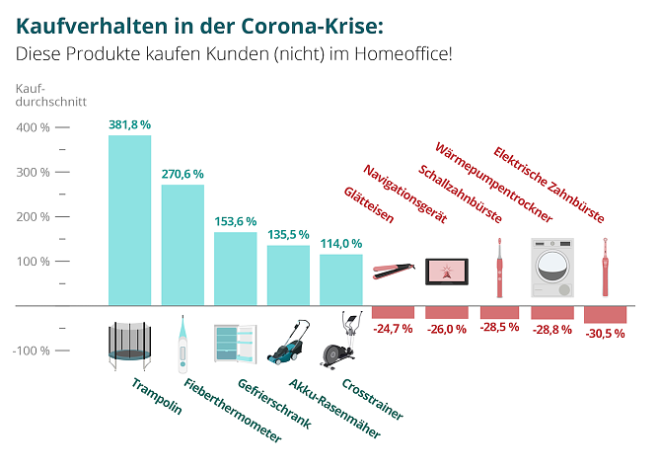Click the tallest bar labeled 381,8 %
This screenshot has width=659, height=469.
pyautogui.click(x=129, y=220)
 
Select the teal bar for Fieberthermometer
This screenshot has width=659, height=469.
pyautogui.click(x=183, y=245)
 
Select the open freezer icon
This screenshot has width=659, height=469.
pyautogui.click(x=235, y=344)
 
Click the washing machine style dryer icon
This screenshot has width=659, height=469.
pyautogui.click(x=550, y=268)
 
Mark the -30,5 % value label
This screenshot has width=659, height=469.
pyautogui.click(x=604, y=334)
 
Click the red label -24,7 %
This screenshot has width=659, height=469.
pyautogui.click(x=393, y=327)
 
